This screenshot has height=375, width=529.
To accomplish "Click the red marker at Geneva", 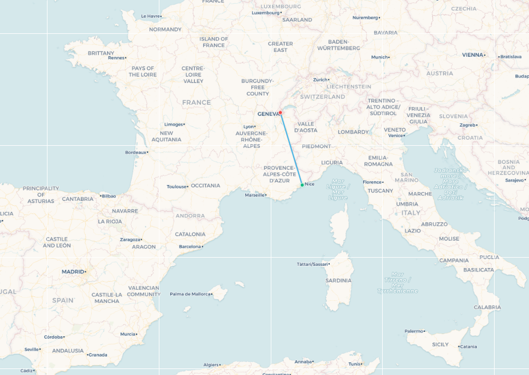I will [281, 112].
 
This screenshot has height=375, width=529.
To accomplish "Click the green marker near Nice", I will [302, 185].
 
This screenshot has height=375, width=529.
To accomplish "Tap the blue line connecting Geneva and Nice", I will [291, 148].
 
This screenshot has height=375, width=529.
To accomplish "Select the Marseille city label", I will [254, 195].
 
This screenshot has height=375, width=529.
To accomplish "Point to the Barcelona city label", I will [190, 247].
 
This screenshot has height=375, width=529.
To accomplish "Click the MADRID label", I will [73, 271].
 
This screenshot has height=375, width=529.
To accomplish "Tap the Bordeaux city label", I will [136, 152].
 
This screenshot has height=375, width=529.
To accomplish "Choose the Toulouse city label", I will [176, 187].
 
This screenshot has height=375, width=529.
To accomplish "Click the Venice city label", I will [395, 135].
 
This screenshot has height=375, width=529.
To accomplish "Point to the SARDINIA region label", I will [338, 281].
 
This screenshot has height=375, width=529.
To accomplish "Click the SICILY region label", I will [440, 344].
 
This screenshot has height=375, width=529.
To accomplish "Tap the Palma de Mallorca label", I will [190, 294].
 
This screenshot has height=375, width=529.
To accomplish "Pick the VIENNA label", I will [473, 55].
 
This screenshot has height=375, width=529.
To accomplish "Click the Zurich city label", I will [320, 80].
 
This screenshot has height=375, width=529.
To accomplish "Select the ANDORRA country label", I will [191, 216].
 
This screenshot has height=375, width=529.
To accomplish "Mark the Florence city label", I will [372, 182].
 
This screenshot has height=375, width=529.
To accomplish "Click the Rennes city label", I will [116, 57].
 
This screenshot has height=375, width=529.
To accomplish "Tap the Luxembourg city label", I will [265, 13].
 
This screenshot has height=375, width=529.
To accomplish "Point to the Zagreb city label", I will [468, 125].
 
